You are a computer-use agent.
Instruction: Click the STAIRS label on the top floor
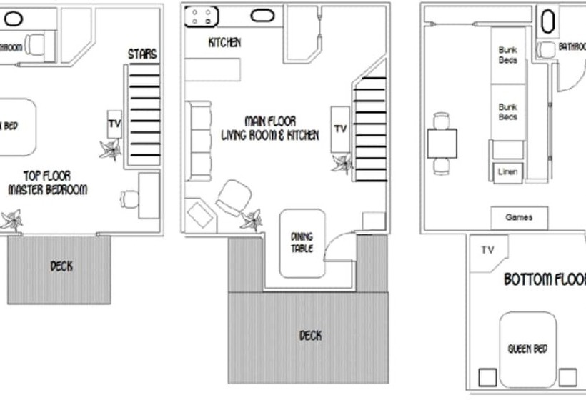point(142,54)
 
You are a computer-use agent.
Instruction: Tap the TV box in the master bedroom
point(114,124)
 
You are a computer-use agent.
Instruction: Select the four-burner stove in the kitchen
point(202,16)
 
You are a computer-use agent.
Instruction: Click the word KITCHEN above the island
point(224,43)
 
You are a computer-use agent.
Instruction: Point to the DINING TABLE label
point(302,243)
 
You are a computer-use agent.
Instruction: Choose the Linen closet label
point(508,171)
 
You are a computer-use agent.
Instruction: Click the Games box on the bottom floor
point(518,217)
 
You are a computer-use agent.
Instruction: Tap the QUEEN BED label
point(527,349)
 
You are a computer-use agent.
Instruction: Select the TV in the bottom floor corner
point(488,251)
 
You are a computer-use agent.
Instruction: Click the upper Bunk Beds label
point(507,55)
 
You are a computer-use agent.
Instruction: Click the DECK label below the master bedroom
point(61,266)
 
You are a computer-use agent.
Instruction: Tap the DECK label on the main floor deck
point(309,335)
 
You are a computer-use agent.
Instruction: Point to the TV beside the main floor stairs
point(340,129)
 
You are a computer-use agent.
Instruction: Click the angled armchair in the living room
point(234,196)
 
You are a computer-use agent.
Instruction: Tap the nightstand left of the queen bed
point(489,376)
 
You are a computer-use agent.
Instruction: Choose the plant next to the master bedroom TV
point(110,150)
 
